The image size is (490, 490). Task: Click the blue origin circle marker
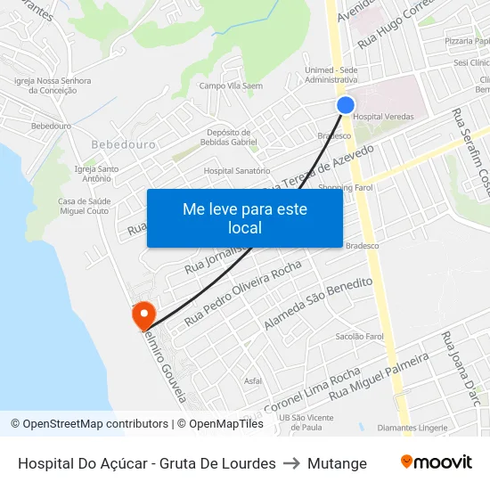346,105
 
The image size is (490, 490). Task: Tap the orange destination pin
143,315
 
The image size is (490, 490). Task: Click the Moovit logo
436,462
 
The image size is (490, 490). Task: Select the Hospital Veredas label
383,117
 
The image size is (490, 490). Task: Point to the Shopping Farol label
346,188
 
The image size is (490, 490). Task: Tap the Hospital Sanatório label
236,170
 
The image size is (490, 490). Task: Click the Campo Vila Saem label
231,86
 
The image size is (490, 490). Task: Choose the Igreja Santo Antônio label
97,173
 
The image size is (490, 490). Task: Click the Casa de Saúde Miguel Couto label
84,206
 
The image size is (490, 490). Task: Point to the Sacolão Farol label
359,336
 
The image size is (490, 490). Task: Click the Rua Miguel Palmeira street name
379,375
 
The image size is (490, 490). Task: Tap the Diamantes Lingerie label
412,428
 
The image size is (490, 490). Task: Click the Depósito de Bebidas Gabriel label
231,136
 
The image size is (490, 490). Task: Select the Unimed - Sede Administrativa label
331,75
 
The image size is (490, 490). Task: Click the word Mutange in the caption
337,463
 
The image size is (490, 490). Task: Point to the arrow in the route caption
291,463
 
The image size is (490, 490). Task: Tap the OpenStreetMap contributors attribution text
90,424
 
